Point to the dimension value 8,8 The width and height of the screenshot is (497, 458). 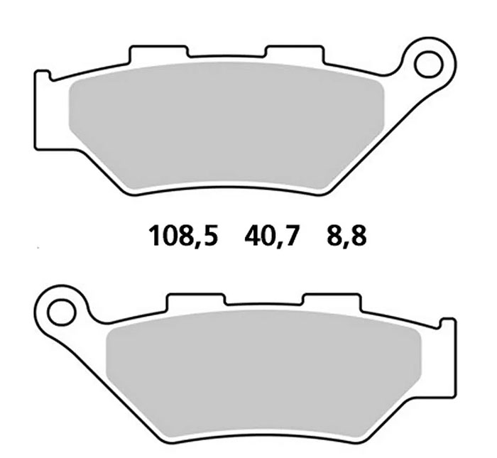click(346, 235)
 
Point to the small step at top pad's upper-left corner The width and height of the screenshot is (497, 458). click(43, 75)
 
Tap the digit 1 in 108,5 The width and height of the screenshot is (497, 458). click(154, 235)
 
